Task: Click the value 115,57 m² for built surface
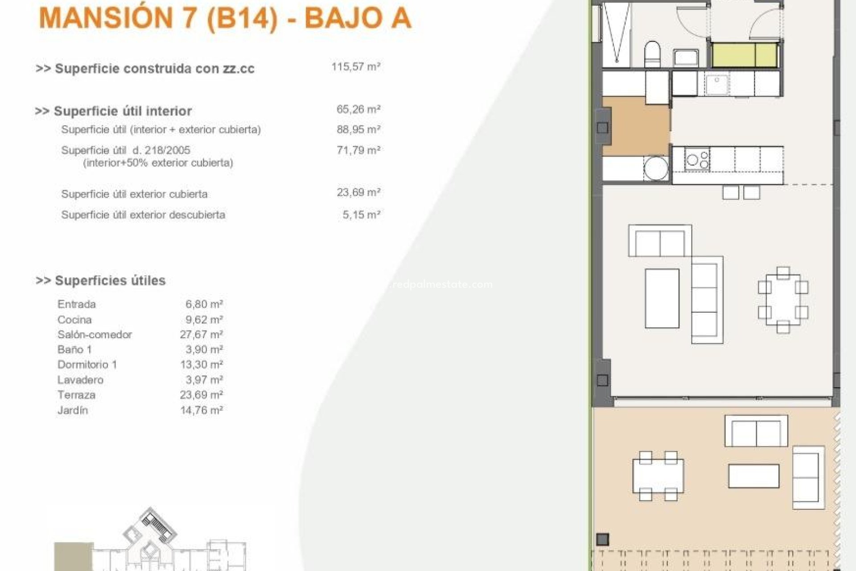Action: point(355,67)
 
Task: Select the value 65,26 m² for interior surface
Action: point(358,109)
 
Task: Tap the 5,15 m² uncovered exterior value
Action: point(361,215)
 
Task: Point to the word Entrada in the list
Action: point(77,304)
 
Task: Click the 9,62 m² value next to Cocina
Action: point(204,319)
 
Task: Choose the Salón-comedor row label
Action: point(95,335)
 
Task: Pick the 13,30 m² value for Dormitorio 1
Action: point(202,364)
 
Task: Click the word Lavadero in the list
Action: point(80,380)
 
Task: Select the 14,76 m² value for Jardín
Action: point(202,410)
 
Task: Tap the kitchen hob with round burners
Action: point(698,160)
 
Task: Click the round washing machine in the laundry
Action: point(656,169)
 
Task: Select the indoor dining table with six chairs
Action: point(783,300)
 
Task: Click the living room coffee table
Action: point(662,298)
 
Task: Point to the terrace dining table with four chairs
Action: point(658,476)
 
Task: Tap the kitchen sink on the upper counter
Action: point(717,84)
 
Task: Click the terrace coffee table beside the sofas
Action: point(754,476)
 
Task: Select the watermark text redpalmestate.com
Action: point(442,284)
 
